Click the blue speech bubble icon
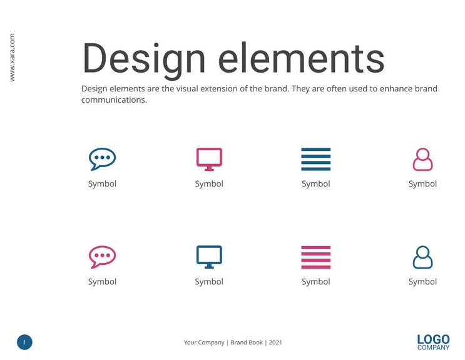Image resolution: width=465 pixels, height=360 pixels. (102, 158)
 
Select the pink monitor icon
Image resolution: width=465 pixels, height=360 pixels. (209, 158)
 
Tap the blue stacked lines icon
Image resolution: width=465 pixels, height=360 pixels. (315, 159)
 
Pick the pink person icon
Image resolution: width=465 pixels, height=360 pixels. (422, 159)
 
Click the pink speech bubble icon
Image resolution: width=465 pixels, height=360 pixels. (102, 257)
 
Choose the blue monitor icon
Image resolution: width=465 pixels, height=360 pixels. (209, 257)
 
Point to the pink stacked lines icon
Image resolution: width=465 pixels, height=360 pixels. (315, 257)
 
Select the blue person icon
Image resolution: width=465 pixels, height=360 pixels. (422, 257)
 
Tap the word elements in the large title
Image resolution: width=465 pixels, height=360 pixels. (301, 59)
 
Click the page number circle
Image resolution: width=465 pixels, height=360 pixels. (24, 342)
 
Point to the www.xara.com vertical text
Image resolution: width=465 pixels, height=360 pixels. (12, 58)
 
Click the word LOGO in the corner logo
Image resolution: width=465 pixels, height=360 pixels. (433, 339)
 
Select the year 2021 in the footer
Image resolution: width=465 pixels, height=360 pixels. (275, 342)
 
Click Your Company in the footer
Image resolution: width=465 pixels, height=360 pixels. (204, 342)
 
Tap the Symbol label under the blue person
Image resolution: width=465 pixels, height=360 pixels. (422, 282)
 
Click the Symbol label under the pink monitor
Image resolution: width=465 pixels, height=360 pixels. (209, 184)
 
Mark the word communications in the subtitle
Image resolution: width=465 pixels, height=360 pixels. (113, 100)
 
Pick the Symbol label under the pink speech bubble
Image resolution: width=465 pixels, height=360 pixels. (102, 282)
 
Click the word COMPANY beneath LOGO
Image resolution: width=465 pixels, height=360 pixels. (433, 347)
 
